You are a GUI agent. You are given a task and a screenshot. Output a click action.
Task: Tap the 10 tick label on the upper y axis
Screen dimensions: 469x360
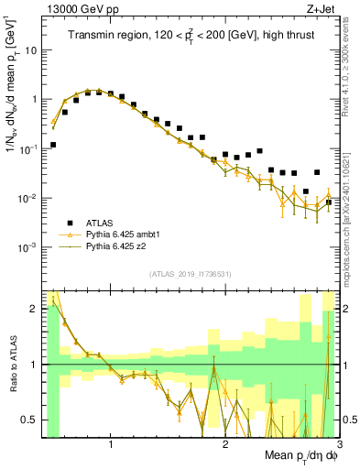30,49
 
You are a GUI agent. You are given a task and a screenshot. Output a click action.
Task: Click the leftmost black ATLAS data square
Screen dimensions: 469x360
53,145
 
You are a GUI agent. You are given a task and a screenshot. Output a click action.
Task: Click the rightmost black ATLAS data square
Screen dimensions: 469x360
329,202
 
